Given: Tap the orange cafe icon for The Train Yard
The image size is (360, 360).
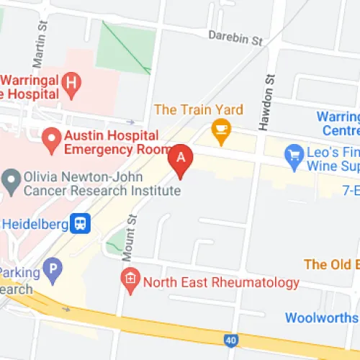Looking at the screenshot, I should tap(219, 130).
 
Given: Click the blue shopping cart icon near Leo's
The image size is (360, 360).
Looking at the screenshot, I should tap(293, 153).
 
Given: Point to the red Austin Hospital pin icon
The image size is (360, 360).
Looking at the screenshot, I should tap(51, 138).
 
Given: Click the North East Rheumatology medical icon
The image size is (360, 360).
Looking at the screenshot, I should tap(130, 279).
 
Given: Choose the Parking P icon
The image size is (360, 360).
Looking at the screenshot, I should tap(50, 271).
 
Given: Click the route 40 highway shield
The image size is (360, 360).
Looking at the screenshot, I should tap(230, 339).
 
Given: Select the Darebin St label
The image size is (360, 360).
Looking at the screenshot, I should tap(235, 37).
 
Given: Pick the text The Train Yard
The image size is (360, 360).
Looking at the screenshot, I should tap(199, 109).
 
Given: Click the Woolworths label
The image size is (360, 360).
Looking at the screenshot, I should tap(322, 318).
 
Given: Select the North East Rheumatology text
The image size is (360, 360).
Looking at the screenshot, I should tap(221, 282).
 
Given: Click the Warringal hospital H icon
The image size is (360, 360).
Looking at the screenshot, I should tap(71, 81).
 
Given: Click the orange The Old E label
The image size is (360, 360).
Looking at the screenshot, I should tap(331, 264).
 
